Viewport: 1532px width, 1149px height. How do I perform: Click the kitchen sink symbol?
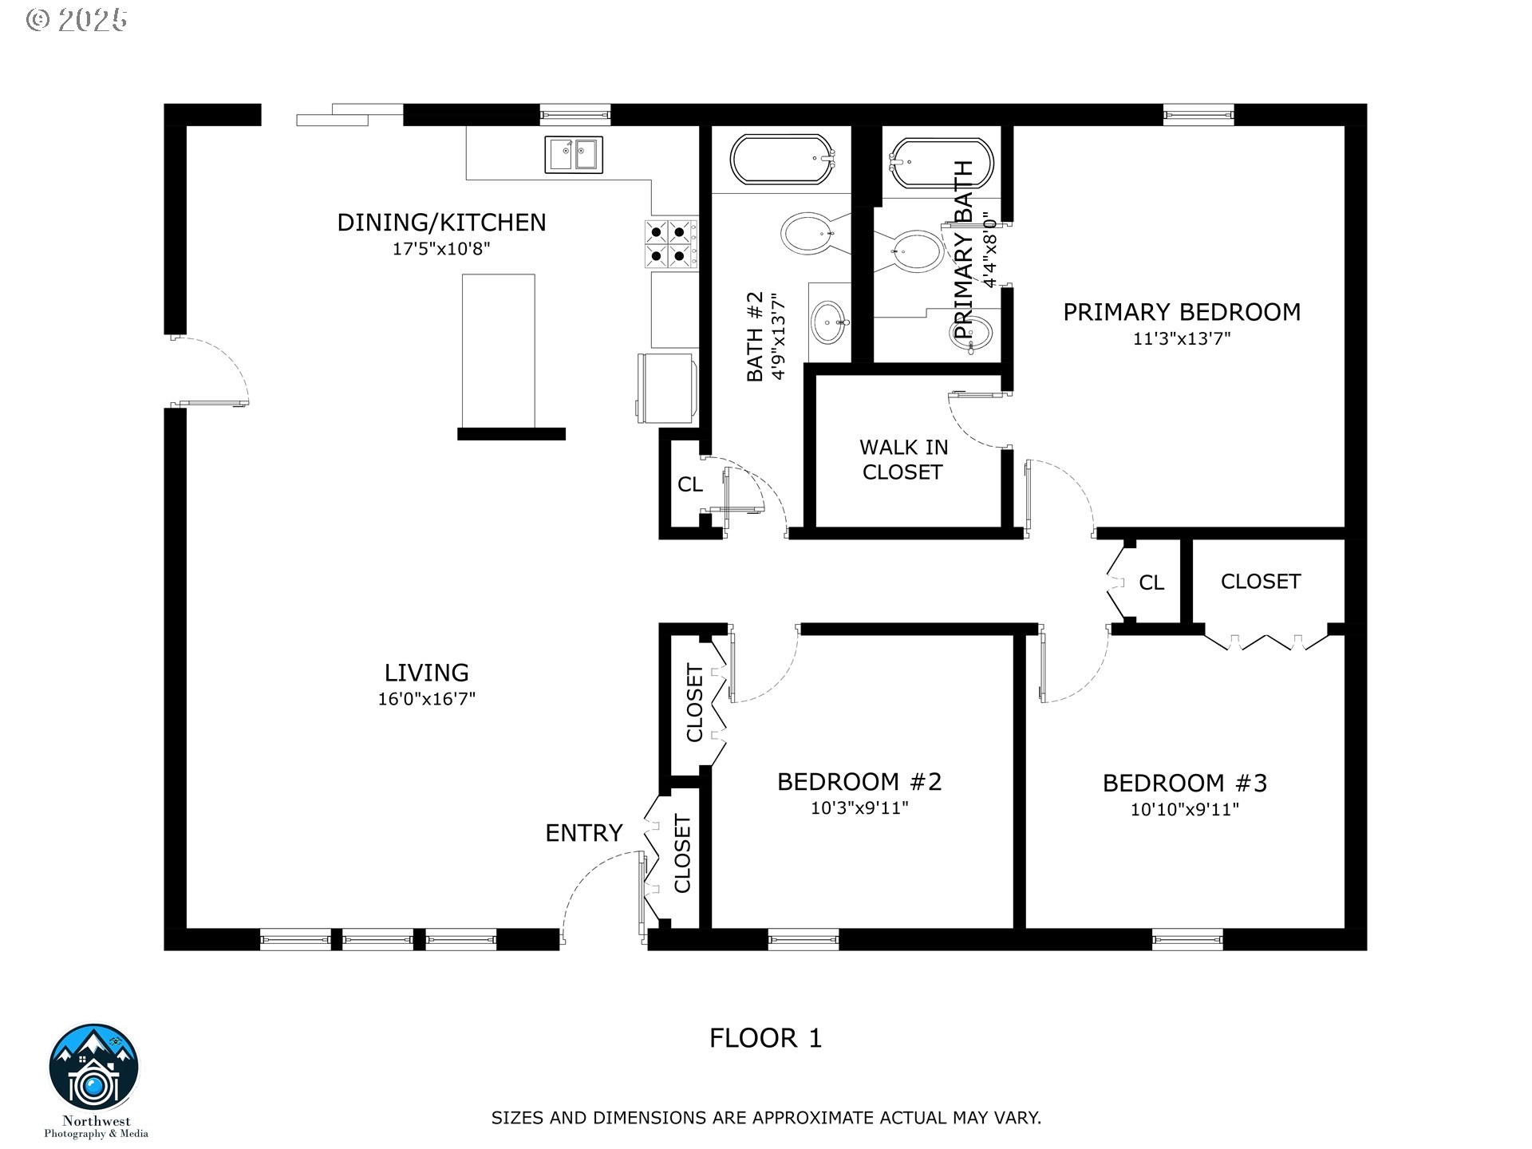(x=574, y=154)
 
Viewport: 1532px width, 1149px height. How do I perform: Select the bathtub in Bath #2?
(x=782, y=160)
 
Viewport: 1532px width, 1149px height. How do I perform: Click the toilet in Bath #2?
(x=809, y=234)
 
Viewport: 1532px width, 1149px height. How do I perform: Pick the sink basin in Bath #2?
(x=830, y=322)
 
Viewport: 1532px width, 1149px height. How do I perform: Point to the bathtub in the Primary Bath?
(x=942, y=164)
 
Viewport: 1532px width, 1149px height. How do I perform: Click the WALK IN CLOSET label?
(x=903, y=460)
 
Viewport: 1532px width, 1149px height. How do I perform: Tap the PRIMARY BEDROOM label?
(x=1182, y=312)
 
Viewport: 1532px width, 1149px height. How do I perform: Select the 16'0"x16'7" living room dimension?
(x=427, y=699)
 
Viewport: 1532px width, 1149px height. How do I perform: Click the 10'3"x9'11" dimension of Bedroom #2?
(x=860, y=807)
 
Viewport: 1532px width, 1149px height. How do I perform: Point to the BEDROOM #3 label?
(x=1185, y=783)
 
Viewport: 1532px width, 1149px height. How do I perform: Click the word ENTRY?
(x=583, y=833)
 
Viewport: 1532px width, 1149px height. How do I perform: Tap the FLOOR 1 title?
(x=766, y=1038)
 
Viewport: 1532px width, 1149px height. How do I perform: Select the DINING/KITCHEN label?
(x=441, y=223)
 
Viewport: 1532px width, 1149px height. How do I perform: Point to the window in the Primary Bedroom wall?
(x=1198, y=115)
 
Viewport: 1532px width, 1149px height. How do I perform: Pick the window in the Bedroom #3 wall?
(x=1187, y=939)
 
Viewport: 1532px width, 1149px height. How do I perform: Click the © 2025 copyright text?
(x=77, y=20)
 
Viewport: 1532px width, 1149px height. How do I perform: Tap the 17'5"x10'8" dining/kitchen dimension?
(x=441, y=249)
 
